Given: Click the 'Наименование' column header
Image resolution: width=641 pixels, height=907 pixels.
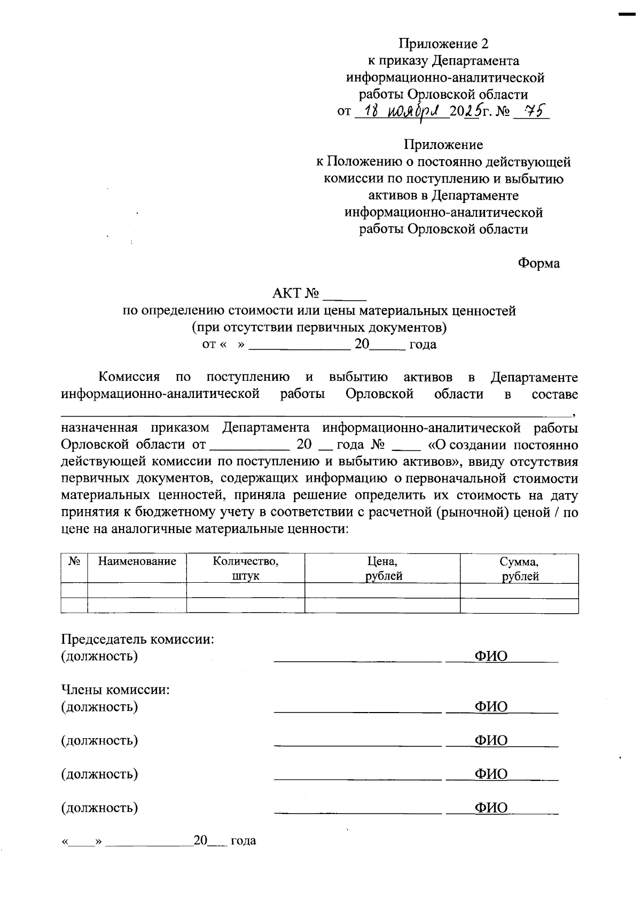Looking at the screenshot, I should pyautogui.click(x=137, y=561).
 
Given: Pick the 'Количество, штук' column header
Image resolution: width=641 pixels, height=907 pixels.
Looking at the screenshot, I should pyautogui.click(x=245, y=568).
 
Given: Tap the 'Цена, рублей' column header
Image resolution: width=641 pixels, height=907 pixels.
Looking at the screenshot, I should pyautogui.click(x=382, y=568).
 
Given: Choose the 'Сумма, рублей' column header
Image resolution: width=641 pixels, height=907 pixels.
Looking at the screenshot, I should pyautogui.click(x=519, y=568).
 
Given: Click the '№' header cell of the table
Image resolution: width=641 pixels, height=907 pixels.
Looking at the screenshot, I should pyautogui.click(x=74, y=561).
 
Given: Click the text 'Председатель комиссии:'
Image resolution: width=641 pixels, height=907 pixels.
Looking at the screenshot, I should pyautogui.click(x=138, y=639).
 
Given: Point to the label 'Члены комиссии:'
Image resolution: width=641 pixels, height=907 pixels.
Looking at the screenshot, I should pyautogui.click(x=115, y=690).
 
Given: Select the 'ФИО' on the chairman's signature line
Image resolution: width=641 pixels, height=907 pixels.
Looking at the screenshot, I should pyautogui.click(x=491, y=656).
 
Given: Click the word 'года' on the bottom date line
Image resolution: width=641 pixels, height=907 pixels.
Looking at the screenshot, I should pyautogui.click(x=244, y=841).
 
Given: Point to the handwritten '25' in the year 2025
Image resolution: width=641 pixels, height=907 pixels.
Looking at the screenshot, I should pyautogui.click(x=471, y=112).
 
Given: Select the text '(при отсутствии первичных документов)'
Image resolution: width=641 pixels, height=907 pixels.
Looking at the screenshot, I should pyautogui.click(x=319, y=327).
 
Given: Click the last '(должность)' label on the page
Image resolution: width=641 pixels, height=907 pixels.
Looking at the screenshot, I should pyautogui.click(x=100, y=808).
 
